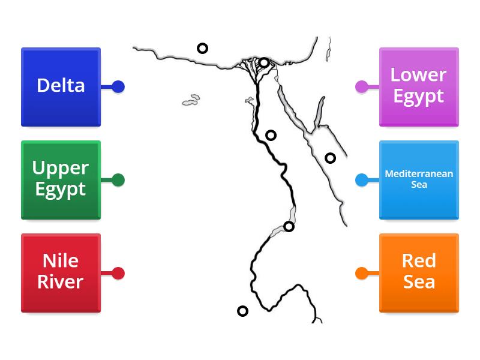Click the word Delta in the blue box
click(61, 86)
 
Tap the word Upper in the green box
click(61, 167)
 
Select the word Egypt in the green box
click(61, 190)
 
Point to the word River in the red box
click(61, 282)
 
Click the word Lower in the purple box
click(418, 75)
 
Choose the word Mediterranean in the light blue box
click(419, 174)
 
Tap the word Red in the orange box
click(419, 261)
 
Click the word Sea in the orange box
click(419, 282)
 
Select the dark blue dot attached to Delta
click(118, 86)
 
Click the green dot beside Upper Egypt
click(118, 179)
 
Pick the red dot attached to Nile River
click(118, 273)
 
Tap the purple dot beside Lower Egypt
click(361, 86)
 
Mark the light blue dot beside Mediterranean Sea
click(361, 179)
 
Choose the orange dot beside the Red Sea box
click(361, 273)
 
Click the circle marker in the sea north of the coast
click(203, 48)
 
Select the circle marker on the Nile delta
click(264, 62)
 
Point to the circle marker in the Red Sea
click(330, 158)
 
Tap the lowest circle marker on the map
click(242, 311)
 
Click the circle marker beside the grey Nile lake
click(289, 226)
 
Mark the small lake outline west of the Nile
click(191, 100)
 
